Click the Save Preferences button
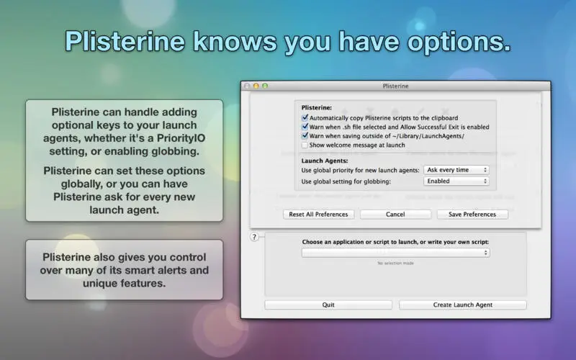(x=472, y=214)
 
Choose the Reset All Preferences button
(x=318, y=214)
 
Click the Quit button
(x=328, y=305)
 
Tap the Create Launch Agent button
(x=463, y=305)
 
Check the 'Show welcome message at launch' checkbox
(x=305, y=145)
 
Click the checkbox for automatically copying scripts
(x=305, y=118)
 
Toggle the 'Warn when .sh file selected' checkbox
(x=305, y=127)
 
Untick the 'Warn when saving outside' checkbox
(x=305, y=136)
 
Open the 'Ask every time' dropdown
(x=456, y=170)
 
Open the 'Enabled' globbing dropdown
(x=456, y=181)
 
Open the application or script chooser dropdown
(x=395, y=253)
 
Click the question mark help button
(x=254, y=237)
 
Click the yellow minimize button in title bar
(x=256, y=86)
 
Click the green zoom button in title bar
(x=265, y=86)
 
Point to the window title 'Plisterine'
(x=395, y=86)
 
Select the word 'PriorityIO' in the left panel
(x=181, y=138)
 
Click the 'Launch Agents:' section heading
(x=325, y=161)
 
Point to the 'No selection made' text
(x=395, y=263)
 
